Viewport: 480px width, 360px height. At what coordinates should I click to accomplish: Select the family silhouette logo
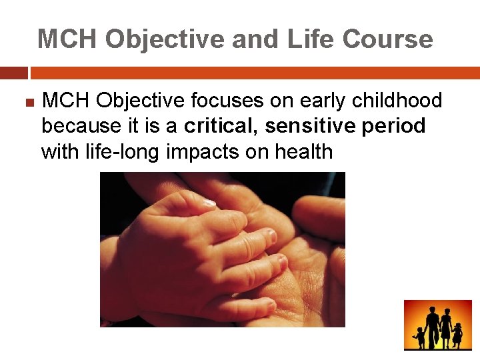point(437,325)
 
